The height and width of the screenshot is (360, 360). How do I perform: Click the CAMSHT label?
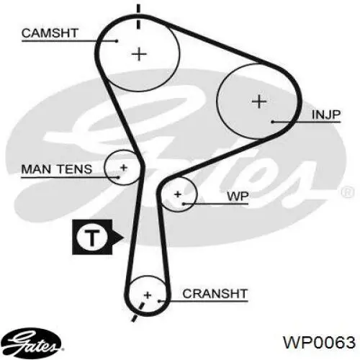tap(50, 33)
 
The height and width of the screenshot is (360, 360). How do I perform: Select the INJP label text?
tap(326, 114)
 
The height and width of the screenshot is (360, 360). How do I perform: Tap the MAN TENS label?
tap(57, 169)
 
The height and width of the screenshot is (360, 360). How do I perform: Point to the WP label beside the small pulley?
tap(238, 197)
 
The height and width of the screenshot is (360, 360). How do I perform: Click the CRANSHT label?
tap(215, 294)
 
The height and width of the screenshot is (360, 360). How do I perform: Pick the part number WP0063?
tap(319, 342)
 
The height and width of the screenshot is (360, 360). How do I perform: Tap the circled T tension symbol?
tap(92, 237)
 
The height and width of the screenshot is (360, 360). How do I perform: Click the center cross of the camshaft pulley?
tap(139, 54)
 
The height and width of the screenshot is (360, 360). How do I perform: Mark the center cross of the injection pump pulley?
tap(259, 102)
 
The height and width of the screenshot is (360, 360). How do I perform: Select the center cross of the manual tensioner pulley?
tap(124, 168)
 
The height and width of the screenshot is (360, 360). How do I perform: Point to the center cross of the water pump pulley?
tap(178, 194)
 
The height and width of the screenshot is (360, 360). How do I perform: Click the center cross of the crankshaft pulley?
tap(148, 295)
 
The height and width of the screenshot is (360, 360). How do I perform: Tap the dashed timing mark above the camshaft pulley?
tap(138, 17)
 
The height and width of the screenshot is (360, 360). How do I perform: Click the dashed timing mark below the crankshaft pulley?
tap(138, 312)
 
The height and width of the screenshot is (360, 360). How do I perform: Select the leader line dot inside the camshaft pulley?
tap(117, 41)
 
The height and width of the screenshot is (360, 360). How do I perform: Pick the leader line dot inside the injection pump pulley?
tap(273, 122)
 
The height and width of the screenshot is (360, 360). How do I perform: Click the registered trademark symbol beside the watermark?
tap(347, 192)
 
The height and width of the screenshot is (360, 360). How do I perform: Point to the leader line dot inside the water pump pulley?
tap(184, 204)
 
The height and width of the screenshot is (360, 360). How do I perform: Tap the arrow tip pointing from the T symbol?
tap(124, 238)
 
